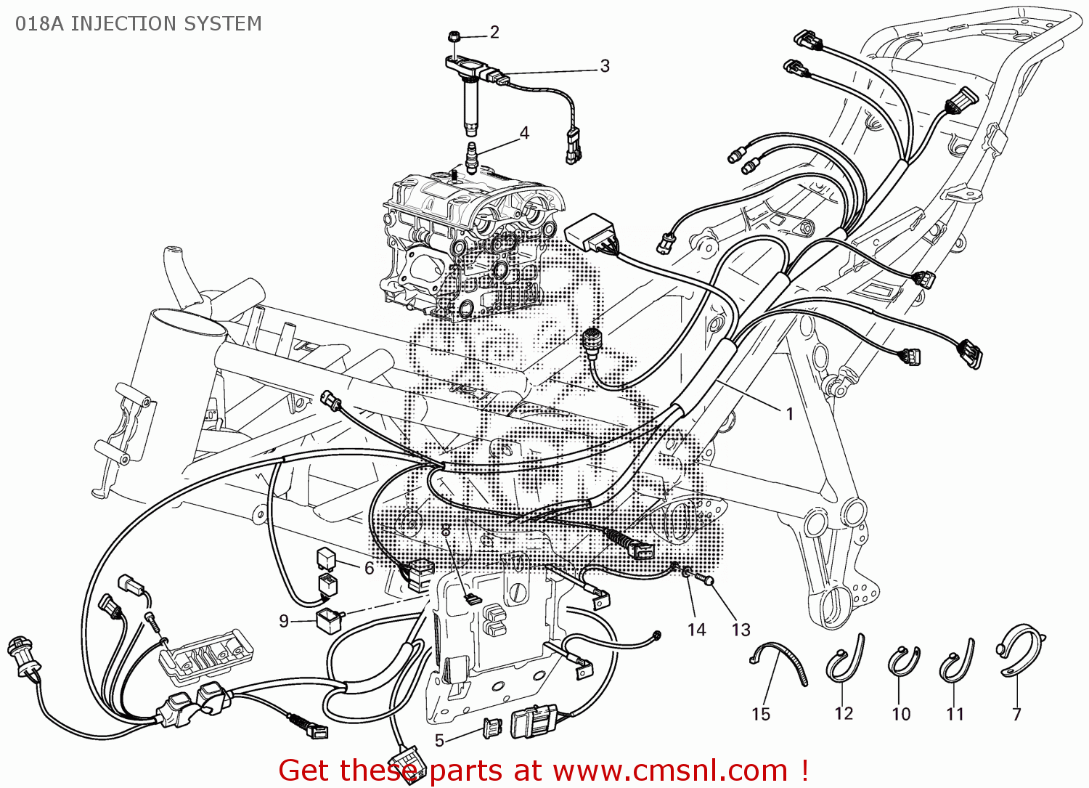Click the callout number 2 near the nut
click(494, 32)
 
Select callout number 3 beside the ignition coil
click(605, 66)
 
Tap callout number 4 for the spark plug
click(524, 133)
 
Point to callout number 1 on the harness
click(790, 414)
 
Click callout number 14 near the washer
click(696, 630)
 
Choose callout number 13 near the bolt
click(741, 630)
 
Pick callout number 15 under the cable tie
click(761, 714)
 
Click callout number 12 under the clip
click(844, 713)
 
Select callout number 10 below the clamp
click(901, 714)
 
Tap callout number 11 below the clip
click(955, 714)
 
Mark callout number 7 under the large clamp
click(1016, 714)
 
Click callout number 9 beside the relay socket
click(284, 621)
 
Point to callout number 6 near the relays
click(369, 568)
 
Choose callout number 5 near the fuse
click(439, 741)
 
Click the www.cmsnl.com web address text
click(670, 770)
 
